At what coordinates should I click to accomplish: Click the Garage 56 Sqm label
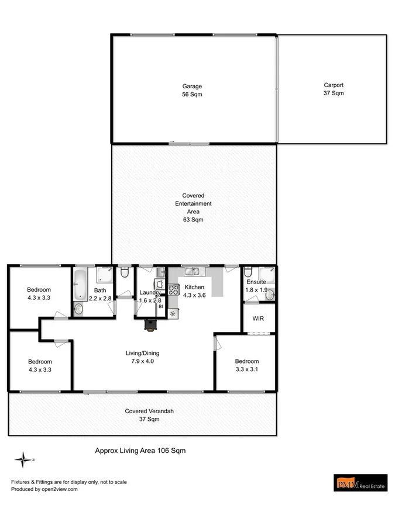[191, 90]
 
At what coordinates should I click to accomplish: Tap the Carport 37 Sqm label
[333, 89]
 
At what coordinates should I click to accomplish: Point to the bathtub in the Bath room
[80, 284]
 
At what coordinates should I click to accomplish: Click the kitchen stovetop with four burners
[173, 289]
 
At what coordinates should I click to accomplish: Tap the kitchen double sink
[191, 271]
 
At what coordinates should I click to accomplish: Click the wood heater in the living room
[152, 325]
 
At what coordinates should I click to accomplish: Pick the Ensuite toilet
[248, 272]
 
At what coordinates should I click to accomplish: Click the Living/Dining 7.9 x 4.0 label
[143, 357]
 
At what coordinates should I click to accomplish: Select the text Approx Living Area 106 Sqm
[140, 451]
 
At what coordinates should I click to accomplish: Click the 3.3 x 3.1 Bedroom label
[246, 365]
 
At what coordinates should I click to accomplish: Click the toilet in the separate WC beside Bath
[124, 272]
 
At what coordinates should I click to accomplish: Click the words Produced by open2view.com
[44, 490]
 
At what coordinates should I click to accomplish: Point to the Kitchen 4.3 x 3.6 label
[194, 291]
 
